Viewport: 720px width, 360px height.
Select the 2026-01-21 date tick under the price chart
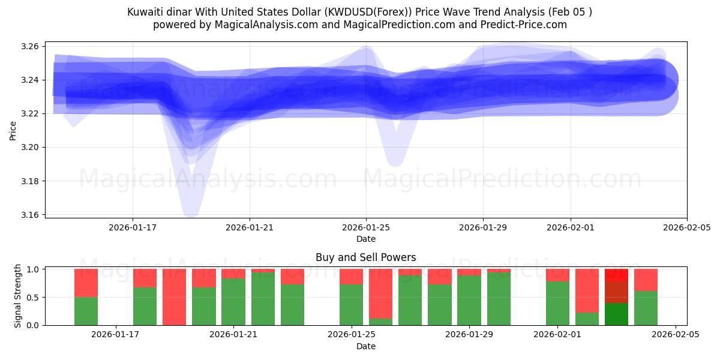(x=250, y=227)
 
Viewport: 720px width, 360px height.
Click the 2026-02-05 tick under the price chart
(x=686, y=227)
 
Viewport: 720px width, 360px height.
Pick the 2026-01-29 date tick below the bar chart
(x=469, y=335)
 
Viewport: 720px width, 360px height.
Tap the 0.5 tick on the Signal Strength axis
(x=32, y=298)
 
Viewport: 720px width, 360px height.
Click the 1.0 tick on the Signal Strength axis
(x=32, y=269)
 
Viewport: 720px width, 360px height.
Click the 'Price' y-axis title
(x=13, y=130)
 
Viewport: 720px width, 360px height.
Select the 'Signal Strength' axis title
(x=18, y=296)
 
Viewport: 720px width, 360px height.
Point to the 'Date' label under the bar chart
(x=366, y=346)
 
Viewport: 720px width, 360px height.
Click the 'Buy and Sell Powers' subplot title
(x=366, y=257)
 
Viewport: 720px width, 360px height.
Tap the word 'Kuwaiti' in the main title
(x=145, y=12)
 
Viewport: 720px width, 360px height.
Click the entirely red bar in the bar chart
(x=174, y=297)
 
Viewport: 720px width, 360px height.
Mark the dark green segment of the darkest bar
(x=616, y=314)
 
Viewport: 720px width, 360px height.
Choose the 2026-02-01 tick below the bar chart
(x=557, y=335)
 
